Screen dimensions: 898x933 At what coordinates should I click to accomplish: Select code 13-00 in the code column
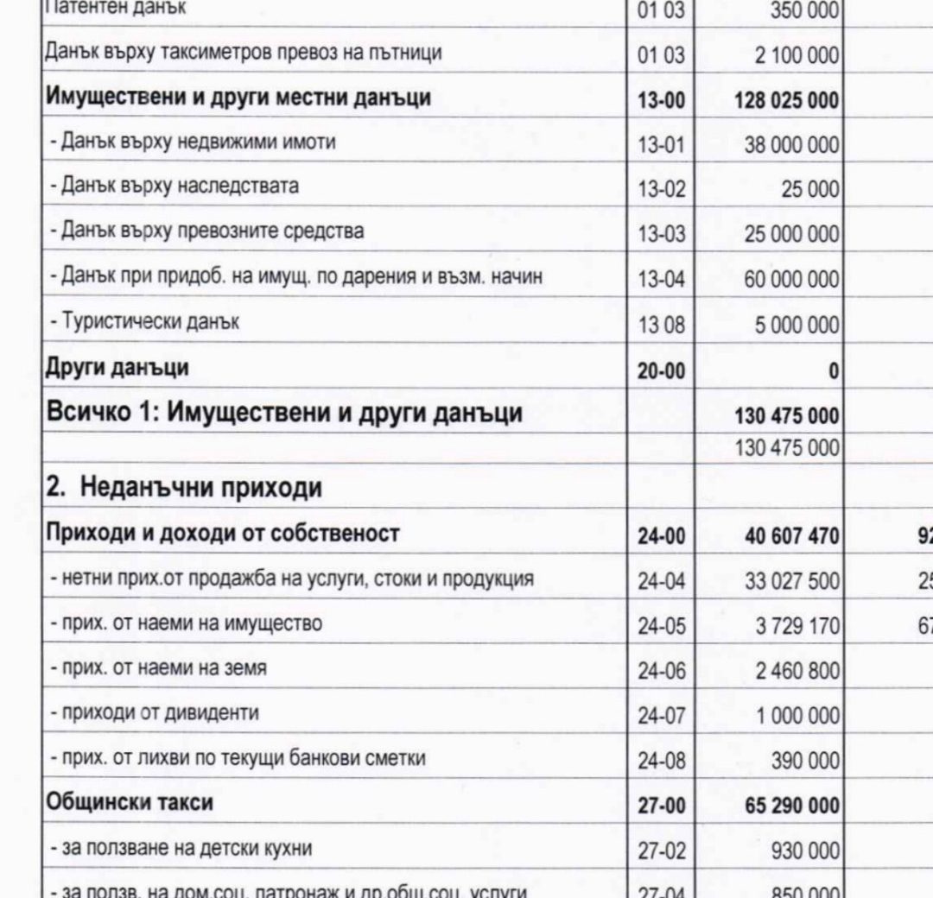[661, 101]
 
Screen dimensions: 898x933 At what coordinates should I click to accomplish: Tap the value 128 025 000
[786, 101]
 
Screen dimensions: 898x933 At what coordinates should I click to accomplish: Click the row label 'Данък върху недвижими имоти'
[198, 142]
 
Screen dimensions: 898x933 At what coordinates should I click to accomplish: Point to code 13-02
[661, 189]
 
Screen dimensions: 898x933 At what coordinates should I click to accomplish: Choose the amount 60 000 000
[791, 280]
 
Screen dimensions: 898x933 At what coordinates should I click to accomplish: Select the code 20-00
[661, 370]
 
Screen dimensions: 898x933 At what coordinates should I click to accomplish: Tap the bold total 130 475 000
[786, 416]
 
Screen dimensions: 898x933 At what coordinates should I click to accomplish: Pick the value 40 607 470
[791, 537]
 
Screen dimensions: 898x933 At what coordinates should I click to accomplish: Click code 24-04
[661, 581]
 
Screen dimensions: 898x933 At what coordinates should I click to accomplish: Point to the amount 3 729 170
[797, 625]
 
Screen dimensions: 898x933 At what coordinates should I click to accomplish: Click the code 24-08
[661, 761]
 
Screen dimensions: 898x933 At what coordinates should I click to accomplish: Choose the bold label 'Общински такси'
[129, 803]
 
